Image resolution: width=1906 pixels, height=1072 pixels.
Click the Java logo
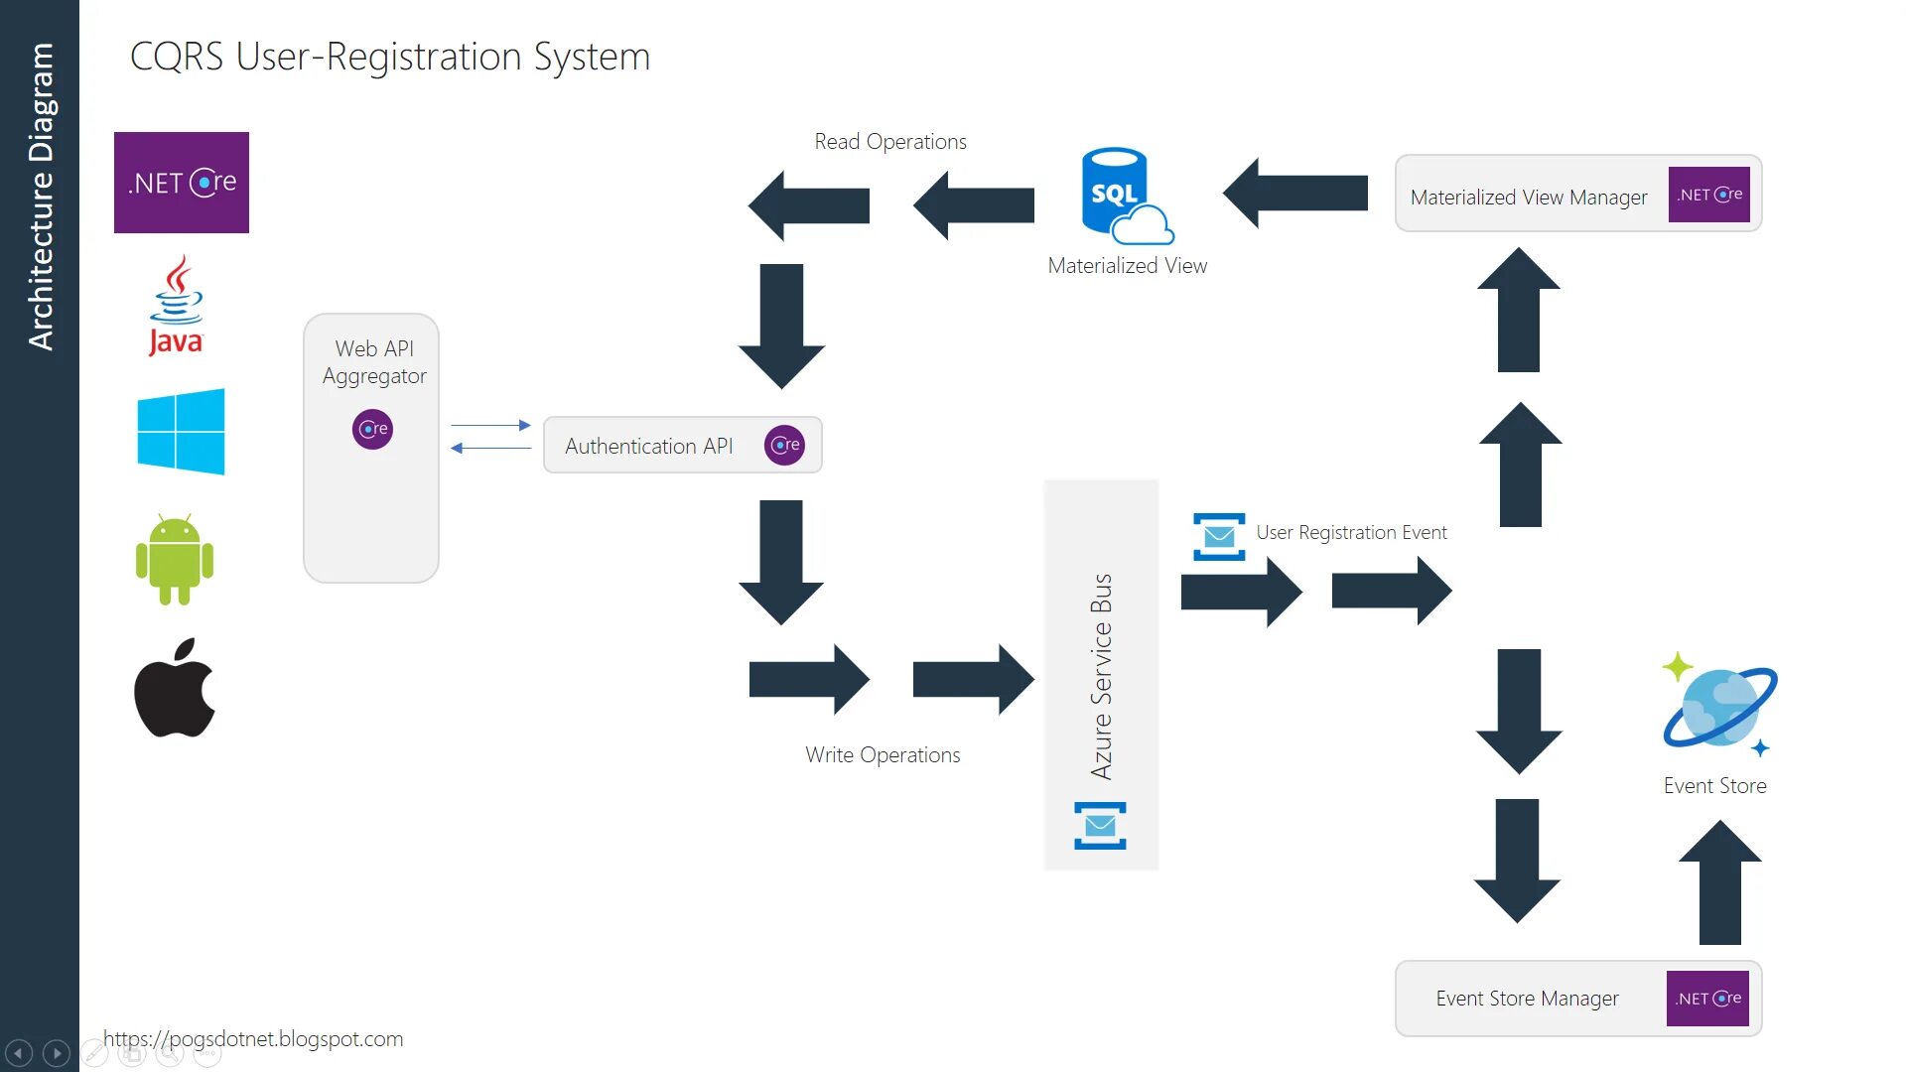(x=176, y=305)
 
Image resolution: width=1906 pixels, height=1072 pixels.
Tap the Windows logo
(x=181, y=431)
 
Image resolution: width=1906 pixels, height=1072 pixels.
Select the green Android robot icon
(x=175, y=559)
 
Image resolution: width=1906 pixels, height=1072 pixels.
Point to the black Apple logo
(x=175, y=688)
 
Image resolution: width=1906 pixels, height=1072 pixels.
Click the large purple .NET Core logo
(x=182, y=183)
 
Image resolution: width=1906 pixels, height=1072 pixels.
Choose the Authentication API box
(x=682, y=445)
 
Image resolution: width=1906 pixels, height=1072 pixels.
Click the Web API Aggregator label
(x=374, y=362)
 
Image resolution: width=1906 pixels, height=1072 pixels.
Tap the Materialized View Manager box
(x=1577, y=194)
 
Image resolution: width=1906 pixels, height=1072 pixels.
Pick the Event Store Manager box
(x=1577, y=999)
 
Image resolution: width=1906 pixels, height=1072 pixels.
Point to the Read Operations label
(x=890, y=142)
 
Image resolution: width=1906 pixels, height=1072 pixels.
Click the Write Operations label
(x=883, y=755)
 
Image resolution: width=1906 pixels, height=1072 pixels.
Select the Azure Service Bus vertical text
(x=1101, y=676)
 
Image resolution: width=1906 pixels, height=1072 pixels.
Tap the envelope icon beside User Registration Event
(x=1219, y=537)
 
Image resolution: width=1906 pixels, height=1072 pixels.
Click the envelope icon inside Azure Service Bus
(x=1100, y=826)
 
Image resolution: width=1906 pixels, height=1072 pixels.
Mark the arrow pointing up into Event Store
(x=1720, y=880)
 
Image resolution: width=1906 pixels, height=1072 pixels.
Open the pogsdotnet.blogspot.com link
(x=253, y=1039)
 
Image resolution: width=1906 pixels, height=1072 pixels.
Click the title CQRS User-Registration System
(x=390, y=57)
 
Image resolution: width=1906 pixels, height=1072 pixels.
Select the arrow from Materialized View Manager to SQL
(x=1294, y=193)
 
